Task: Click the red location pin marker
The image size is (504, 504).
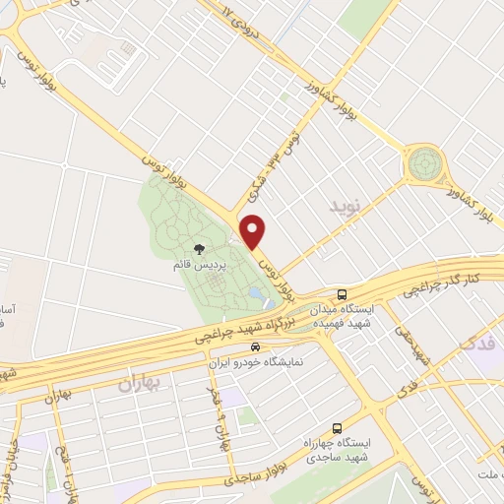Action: point(254,230)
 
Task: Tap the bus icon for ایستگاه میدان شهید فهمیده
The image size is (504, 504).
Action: point(342,293)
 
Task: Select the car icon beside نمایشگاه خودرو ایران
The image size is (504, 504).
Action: point(255,347)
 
